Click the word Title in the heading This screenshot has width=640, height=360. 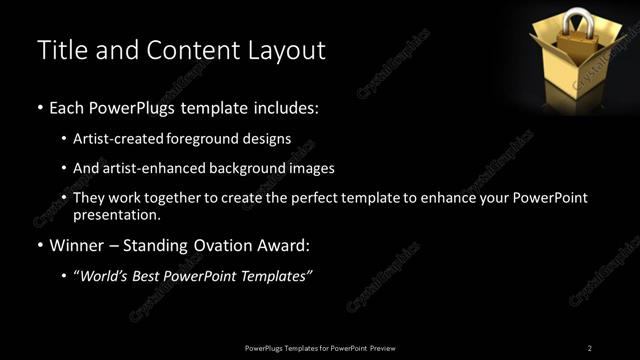(x=59, y=50)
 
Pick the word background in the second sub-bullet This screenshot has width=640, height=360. (x=256, y=168)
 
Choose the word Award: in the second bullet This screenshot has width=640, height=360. (x=285, y=245)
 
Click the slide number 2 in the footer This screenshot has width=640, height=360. (x=589, y=347)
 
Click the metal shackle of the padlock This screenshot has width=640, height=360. (x=579, y=21)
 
